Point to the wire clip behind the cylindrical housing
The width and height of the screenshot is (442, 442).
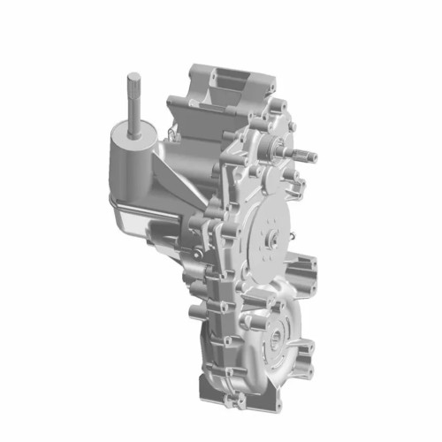point(172,133)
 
